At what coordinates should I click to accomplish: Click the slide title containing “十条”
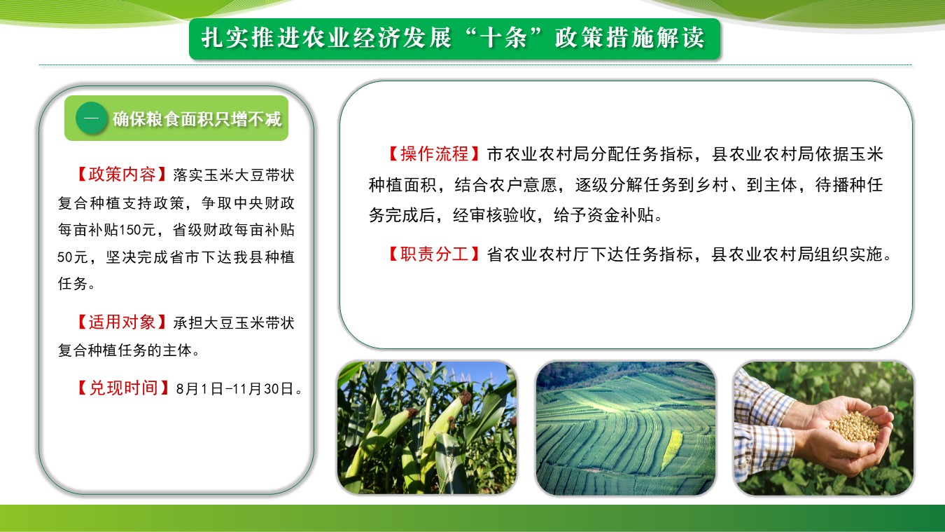[454, 38]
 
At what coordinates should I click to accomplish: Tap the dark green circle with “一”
[91, 118]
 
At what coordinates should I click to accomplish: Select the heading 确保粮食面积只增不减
[197, 118]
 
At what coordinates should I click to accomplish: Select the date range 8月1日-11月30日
[234, 388]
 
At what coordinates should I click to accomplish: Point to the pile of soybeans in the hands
[854, 427]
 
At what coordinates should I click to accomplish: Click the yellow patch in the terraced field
[671, 449]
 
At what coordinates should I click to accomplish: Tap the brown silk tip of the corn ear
[465, 397]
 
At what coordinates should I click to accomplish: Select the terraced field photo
[626, 428]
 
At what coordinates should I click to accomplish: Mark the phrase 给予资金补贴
[603, 215]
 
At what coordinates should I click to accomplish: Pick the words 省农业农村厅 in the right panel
[538, 254]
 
